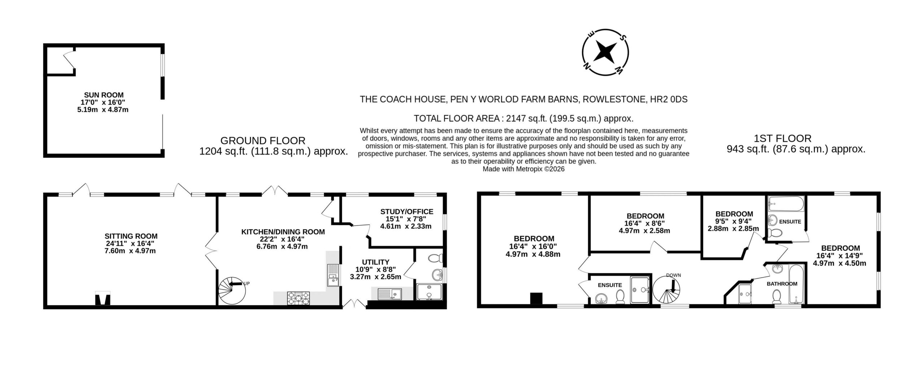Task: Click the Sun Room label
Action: coord(103,95)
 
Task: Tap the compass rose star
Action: coord(605,52)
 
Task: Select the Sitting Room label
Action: coord(131,236)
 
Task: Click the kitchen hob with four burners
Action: coord(298,298)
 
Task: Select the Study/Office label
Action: coord(407,212)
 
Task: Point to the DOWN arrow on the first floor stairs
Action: coord(673,286)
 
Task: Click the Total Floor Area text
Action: coord(524,119)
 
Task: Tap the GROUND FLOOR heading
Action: coord(263,141)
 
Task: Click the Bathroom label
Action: coord(782,284)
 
